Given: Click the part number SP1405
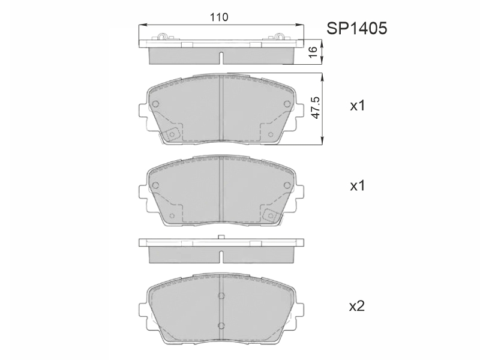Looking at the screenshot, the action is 356,28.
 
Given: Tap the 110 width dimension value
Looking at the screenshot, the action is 219,17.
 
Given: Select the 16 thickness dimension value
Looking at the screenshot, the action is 313,52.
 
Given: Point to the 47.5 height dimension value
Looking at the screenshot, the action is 315,108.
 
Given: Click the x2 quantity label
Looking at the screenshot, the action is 357,306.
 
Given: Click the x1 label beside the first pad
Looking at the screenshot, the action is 358,106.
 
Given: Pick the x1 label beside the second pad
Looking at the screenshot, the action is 358,186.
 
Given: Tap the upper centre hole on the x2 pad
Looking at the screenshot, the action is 221,296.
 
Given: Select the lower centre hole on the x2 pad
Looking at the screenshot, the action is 221,325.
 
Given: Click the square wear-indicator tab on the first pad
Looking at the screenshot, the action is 172,134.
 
